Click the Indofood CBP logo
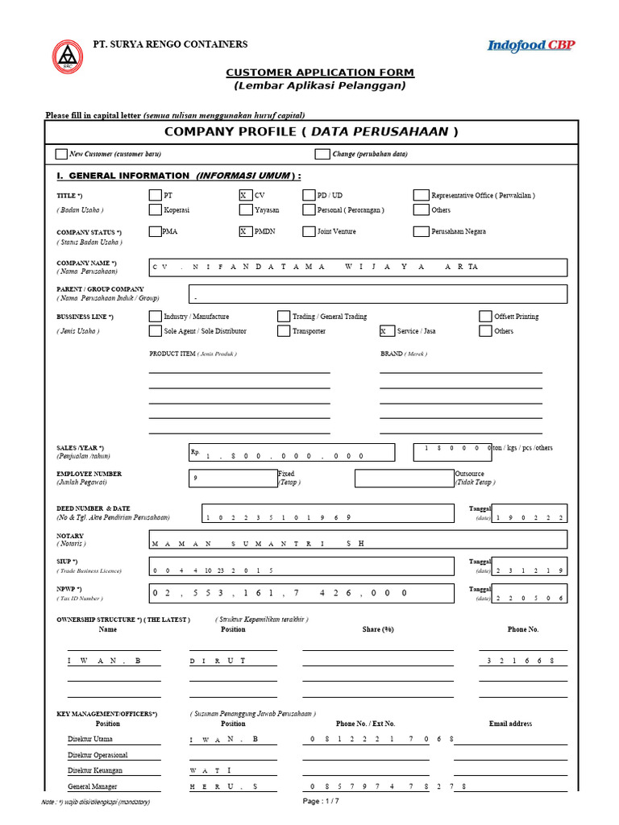(x=530, y=46)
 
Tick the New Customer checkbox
(x=61, y=154)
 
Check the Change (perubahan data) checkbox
(x=322, y=154)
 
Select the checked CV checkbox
(x=246, y=195)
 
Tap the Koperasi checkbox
(x=155, y=210)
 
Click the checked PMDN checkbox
(x=246, y=231)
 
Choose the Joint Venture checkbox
(x=309, y=231)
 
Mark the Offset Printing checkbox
(x=486, y=317)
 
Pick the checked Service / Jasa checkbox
(x=388, y=331)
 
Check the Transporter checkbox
(x=284, y=331)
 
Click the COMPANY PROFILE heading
(x=311, y=131)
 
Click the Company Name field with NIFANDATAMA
(x=357, y=267)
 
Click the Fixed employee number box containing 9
(x=232, y=478)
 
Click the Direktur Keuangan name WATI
(x=211, y=771)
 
